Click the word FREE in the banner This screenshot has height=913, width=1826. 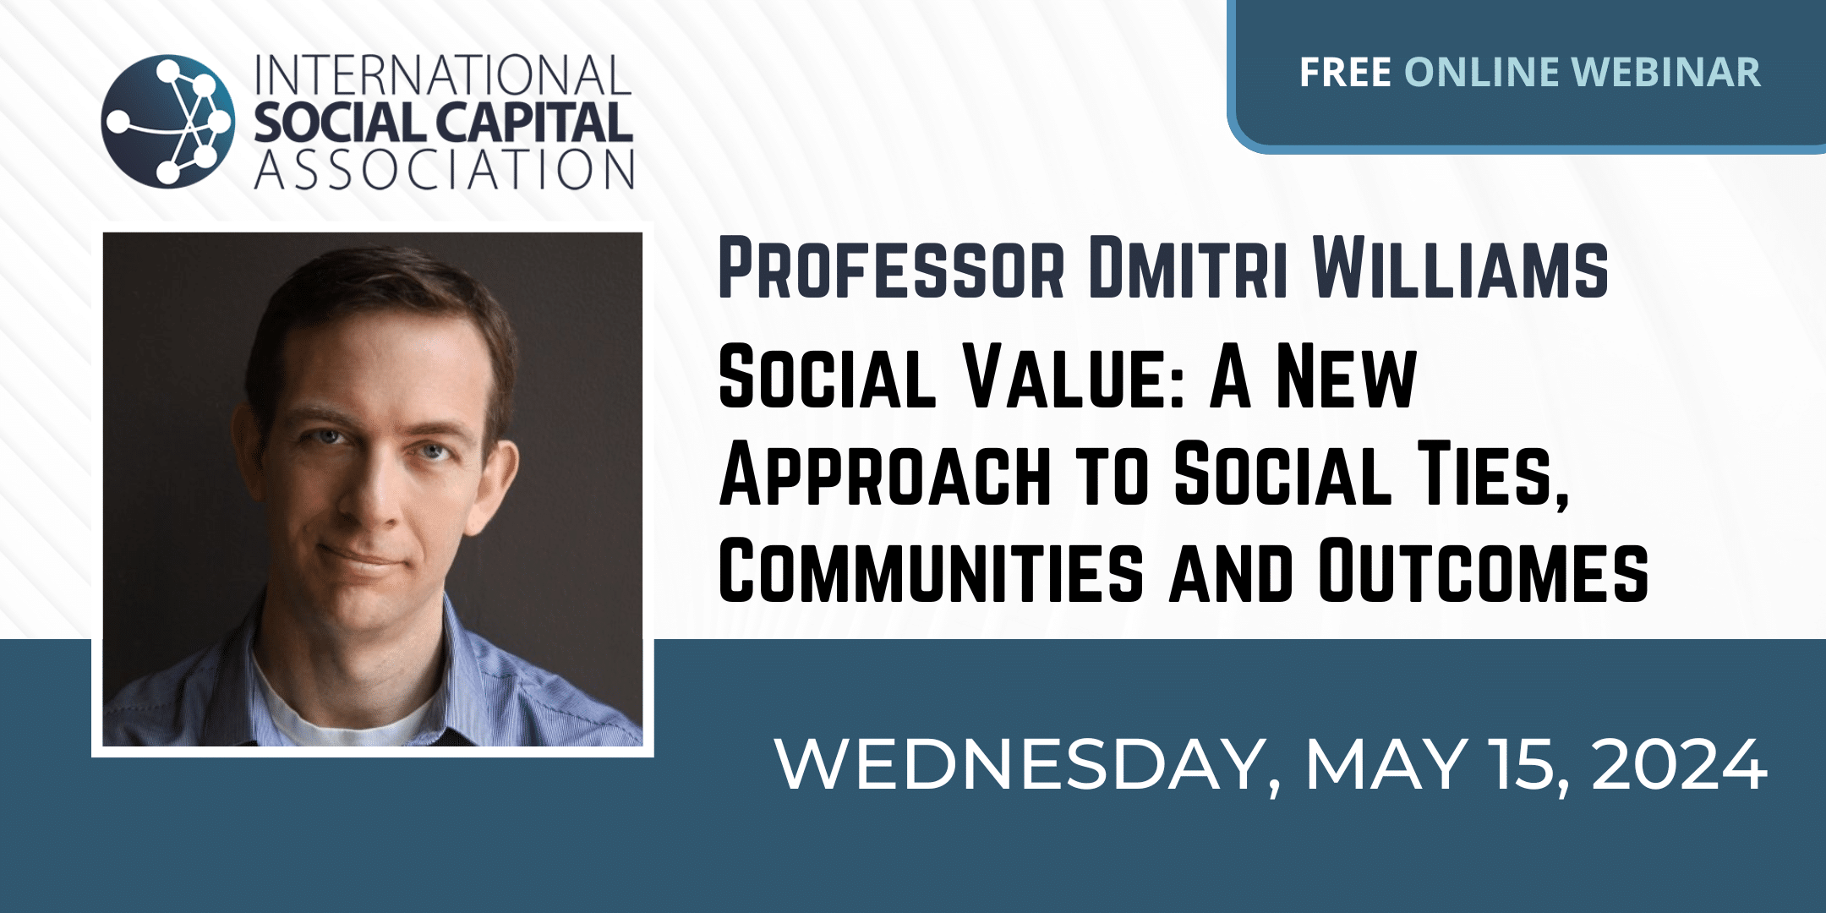click(1345, 72)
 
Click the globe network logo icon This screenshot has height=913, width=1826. click(168, 121)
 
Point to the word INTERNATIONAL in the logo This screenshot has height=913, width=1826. click(443, 76)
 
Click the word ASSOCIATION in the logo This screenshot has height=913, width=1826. click(444, 169)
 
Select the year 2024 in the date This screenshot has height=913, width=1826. click(1680, 765)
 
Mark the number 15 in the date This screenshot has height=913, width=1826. click(1529, 766)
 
